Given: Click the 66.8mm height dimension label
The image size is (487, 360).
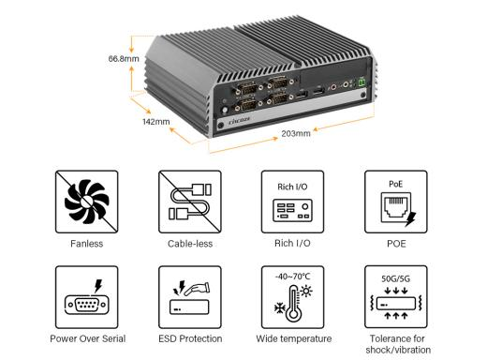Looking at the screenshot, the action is pos(124,58).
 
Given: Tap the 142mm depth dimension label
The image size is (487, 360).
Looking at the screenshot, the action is pos(156,122).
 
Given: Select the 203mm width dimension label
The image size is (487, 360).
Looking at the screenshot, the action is pos(296,133).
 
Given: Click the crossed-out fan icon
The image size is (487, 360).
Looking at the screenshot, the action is pos(87,202).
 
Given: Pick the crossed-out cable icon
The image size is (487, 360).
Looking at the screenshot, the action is pos(190,202).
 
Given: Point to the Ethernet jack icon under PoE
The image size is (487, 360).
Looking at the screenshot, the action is pos(396,207).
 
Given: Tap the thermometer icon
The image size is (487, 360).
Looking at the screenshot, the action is pos(294,304).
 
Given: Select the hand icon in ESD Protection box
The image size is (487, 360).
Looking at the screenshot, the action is pos(197,289).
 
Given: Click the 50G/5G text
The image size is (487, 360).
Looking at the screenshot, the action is pos(396,278).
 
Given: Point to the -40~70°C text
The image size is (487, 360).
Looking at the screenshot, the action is pos(293,277).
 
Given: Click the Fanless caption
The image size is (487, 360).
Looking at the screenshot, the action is pos(87,244).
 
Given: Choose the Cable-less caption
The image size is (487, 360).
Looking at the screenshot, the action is pos(190,244).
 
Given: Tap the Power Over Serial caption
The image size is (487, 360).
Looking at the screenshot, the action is pos(88,338).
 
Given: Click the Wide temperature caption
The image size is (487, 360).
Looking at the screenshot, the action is pos(294,338).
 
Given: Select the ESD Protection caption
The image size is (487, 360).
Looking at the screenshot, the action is pos(190,338).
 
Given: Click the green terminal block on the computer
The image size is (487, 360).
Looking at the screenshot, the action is pos(362,82).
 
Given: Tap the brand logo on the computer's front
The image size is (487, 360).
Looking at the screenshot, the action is pos(240,120).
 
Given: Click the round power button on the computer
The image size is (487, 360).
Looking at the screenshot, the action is pos(224,111).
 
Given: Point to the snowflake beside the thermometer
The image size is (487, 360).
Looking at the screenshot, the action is pos(280,308).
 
